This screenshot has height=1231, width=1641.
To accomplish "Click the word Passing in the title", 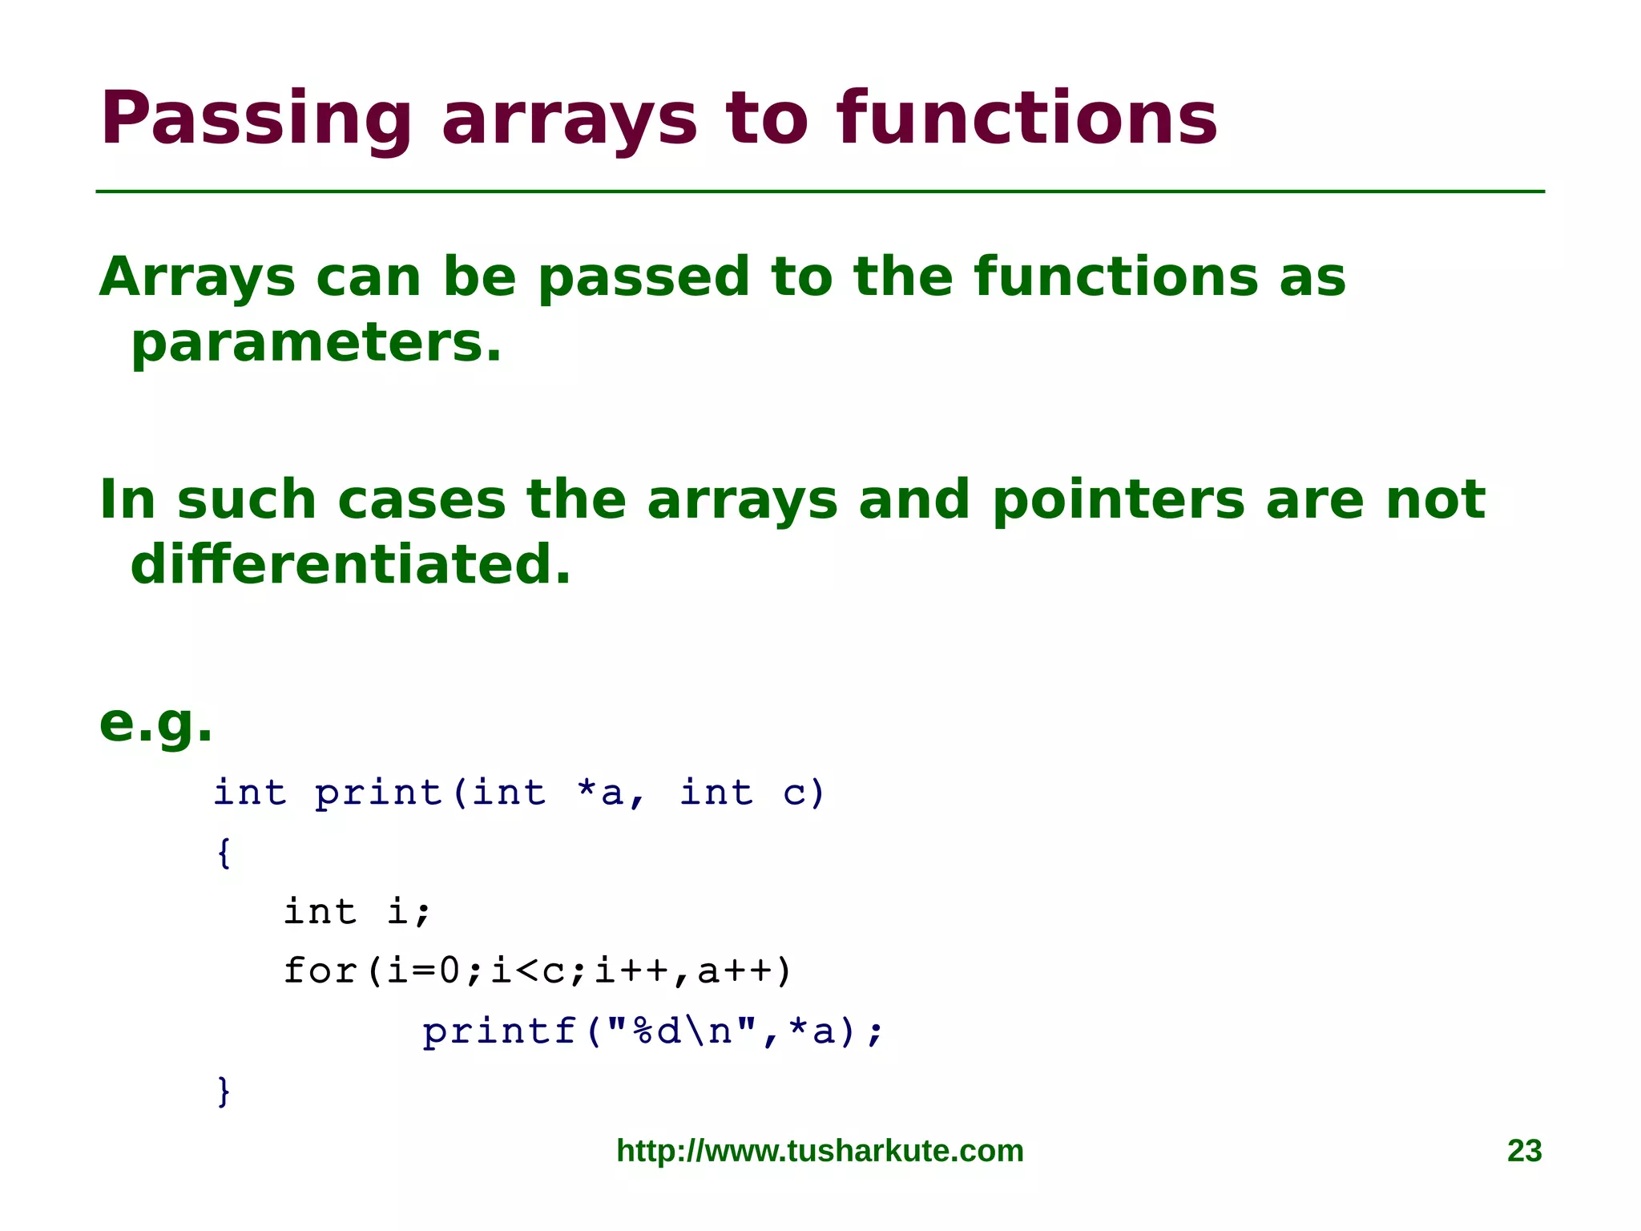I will [255, 120].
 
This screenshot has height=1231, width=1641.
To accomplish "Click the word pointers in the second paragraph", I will [1118, 501].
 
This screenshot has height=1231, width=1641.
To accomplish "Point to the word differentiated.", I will [350, 565].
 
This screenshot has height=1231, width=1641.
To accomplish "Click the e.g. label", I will [155, 724].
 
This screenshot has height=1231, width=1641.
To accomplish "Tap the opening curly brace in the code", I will [224, 853].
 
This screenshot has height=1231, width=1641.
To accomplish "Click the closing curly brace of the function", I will [224, 1091].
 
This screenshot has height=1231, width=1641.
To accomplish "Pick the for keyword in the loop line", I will [320, 971].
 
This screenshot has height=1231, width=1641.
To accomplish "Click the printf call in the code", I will [499, 1031].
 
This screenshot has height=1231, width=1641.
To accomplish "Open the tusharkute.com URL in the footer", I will [820, 1151].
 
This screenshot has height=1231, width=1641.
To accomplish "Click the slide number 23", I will [1524, 1151].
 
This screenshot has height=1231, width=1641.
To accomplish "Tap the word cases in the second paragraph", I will [421, 501].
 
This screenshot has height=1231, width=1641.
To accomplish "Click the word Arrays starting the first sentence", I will [197, 278].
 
